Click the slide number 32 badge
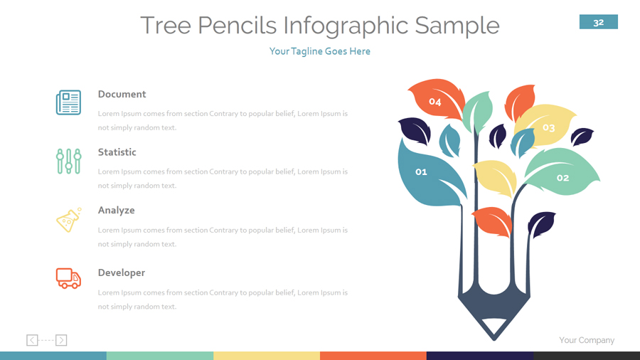click(x=598, y=22)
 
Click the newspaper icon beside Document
click(x=68, y=102)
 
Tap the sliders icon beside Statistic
click(x=68, y=161)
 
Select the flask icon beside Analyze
click(x=68, y=220)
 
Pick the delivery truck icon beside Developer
click(x=68, y=277)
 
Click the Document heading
click(x=122, y=94)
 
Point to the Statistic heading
click(x=117, y=152)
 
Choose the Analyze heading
click(x=116, y=211)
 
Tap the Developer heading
click(x=121, y=272)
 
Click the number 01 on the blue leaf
click(x=421, y=171)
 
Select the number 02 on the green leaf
click(x=562, y=178)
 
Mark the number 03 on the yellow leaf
click(x=548, y=128)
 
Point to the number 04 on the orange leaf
click(x=434, y=102)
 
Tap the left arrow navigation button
click(x=32, y=340)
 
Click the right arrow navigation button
click(x=61, y=340)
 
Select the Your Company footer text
click(x=586, y=340)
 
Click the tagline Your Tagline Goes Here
click(x=319, y=51)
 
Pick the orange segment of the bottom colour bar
click(x=373, y=355)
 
